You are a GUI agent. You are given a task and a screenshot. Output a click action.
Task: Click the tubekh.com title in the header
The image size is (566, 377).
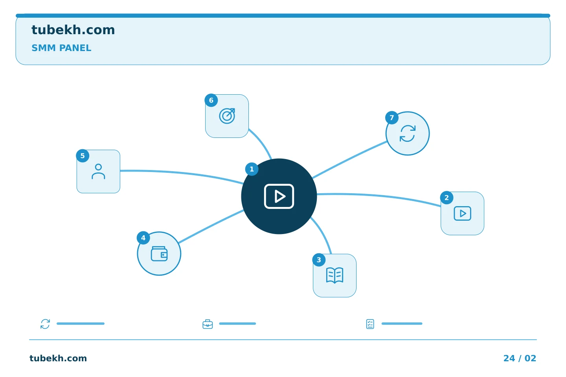click(73, 30)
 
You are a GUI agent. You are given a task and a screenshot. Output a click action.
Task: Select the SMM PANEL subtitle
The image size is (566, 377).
click(61, 48)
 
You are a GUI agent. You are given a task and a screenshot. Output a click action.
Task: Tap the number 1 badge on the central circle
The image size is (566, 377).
click(252, 169)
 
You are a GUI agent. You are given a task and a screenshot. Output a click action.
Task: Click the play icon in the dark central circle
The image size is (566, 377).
click(279, 196)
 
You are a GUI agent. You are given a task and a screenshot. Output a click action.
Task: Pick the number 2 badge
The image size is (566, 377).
click(447, 198)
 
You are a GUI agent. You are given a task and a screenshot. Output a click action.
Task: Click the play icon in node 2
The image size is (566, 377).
click(462, 213)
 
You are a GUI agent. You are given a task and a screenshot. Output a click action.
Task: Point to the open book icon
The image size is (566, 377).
click(334, 275)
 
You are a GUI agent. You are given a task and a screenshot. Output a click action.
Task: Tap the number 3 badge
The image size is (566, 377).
click(319, 260)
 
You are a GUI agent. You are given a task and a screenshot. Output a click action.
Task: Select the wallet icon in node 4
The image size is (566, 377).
click(159, 254)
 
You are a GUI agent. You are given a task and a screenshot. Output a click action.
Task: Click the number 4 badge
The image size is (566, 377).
click(143, 238)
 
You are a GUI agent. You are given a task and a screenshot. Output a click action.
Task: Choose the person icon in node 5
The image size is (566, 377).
click(98, 172)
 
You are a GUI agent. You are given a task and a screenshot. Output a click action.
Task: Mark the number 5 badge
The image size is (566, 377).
click(83, 156)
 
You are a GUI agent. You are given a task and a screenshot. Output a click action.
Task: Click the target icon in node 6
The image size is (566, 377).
click(227, 116)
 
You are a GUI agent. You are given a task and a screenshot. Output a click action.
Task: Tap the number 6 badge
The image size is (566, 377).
click(211, 100)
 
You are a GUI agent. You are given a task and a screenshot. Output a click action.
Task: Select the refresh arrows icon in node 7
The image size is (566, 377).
click(408, 134)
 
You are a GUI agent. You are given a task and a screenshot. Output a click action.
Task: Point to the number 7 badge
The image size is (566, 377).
click(392, 118)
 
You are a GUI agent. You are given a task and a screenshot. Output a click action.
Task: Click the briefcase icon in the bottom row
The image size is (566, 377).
click(208, 324)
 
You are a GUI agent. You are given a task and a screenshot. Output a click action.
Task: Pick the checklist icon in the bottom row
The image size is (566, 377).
click(370, 324)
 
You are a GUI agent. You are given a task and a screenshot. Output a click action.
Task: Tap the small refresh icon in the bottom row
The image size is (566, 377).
click(45, 324)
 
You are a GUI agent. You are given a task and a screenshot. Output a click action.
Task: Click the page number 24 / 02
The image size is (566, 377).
click(520, 358)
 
